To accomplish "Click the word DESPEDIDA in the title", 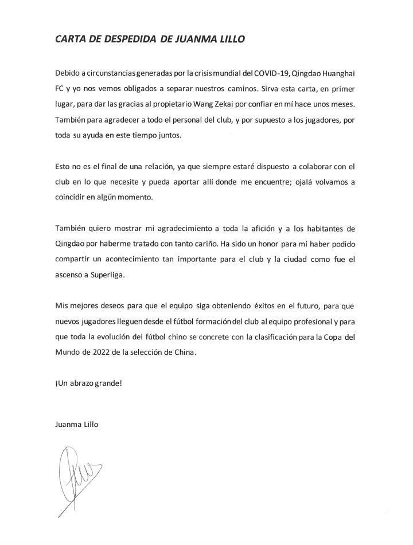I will click(111, 40).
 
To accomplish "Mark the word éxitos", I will click(248, 307).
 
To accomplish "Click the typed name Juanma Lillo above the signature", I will click(77, 425).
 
